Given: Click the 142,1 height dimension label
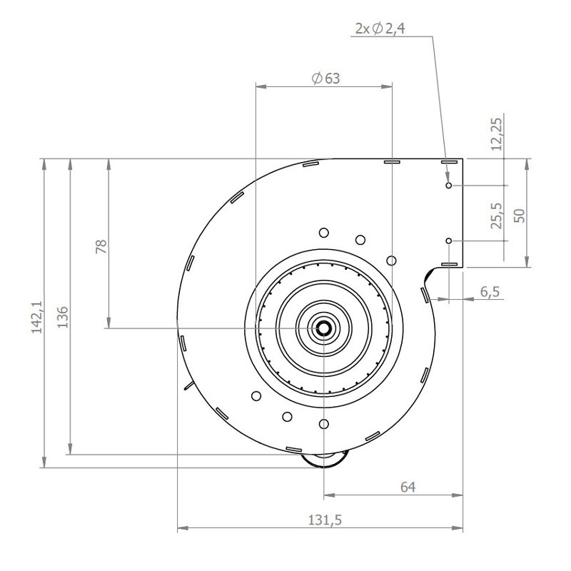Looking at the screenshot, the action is pos(37,316).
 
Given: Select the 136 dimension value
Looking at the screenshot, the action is pos(63,317).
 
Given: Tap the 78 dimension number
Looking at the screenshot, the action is pos(101,246).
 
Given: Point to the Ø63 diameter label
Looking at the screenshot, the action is pos(326,79).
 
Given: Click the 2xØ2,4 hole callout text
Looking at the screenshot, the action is pos(380,29).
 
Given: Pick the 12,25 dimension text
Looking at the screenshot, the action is pos(496,134).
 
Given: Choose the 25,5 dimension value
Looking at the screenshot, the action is pos(496,216).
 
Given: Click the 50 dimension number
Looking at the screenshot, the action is pos(520,216).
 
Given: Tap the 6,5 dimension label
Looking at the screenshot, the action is pos(490,292).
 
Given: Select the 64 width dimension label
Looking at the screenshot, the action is pos(408,487).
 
